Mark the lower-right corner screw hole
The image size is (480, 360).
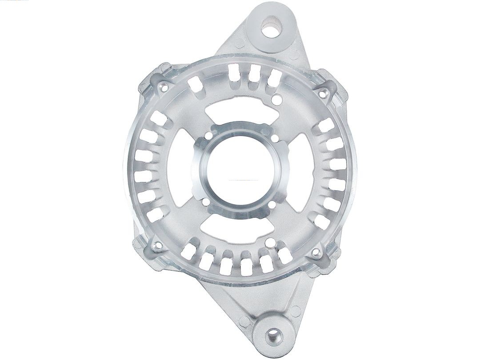[x=316, y=252]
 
